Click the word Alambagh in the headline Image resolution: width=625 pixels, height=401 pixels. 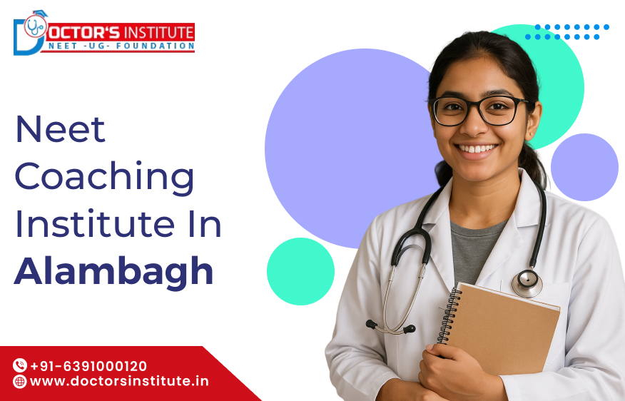[114, 271]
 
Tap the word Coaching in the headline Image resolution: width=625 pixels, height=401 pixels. [104, 176]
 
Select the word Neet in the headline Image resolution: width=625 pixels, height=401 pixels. [60, 129]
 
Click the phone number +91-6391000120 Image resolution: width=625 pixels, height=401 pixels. [88, 366]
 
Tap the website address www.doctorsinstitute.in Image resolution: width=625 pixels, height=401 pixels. [119, 381]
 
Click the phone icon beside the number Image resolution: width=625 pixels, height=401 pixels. [20, 365]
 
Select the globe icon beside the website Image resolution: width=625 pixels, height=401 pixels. [19, 382]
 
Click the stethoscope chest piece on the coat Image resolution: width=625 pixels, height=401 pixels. [527, 283]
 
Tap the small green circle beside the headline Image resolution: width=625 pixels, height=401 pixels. [300, 271]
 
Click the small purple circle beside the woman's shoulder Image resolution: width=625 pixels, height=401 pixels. [584, 167]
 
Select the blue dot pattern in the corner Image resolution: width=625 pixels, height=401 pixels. [566, 32]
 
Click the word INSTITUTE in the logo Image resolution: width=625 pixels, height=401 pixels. [158, 32]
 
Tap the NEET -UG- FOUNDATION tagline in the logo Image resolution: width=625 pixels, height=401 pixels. [121, 46]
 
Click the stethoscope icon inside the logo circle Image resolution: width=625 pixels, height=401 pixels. [36, 26]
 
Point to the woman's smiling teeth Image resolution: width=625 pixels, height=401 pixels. [477, 148]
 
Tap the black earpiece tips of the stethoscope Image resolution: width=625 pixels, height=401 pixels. [391, 327]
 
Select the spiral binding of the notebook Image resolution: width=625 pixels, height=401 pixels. [449, 315]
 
